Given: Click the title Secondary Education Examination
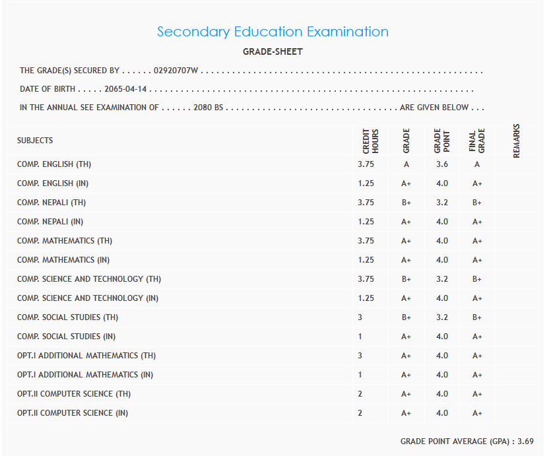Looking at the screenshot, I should point(273,32).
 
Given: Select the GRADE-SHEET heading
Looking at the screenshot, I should point(273,51).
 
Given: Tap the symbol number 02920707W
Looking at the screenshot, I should point(176,71).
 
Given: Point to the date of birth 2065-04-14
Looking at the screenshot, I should point(126,89).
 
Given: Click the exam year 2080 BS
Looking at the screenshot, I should point(208,108).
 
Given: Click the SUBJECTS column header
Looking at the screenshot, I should point(35,141).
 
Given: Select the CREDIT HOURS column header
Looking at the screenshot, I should point(370,141).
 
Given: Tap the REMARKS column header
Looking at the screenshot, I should point(517,141).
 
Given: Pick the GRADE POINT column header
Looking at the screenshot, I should point(441,141).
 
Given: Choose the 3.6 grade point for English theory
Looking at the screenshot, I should point(442,164).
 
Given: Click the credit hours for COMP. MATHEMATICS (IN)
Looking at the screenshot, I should point(366,260).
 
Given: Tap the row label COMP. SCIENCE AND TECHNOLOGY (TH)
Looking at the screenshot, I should point(89,279).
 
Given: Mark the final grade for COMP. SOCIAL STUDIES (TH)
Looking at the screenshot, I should point(477,317).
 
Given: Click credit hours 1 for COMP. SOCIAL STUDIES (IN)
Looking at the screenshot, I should point(361,337).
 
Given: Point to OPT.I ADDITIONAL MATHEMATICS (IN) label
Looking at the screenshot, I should point(85,375).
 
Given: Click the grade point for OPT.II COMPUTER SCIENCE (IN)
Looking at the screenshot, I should point(442,413).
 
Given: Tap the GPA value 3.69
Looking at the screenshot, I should point(526,441).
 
